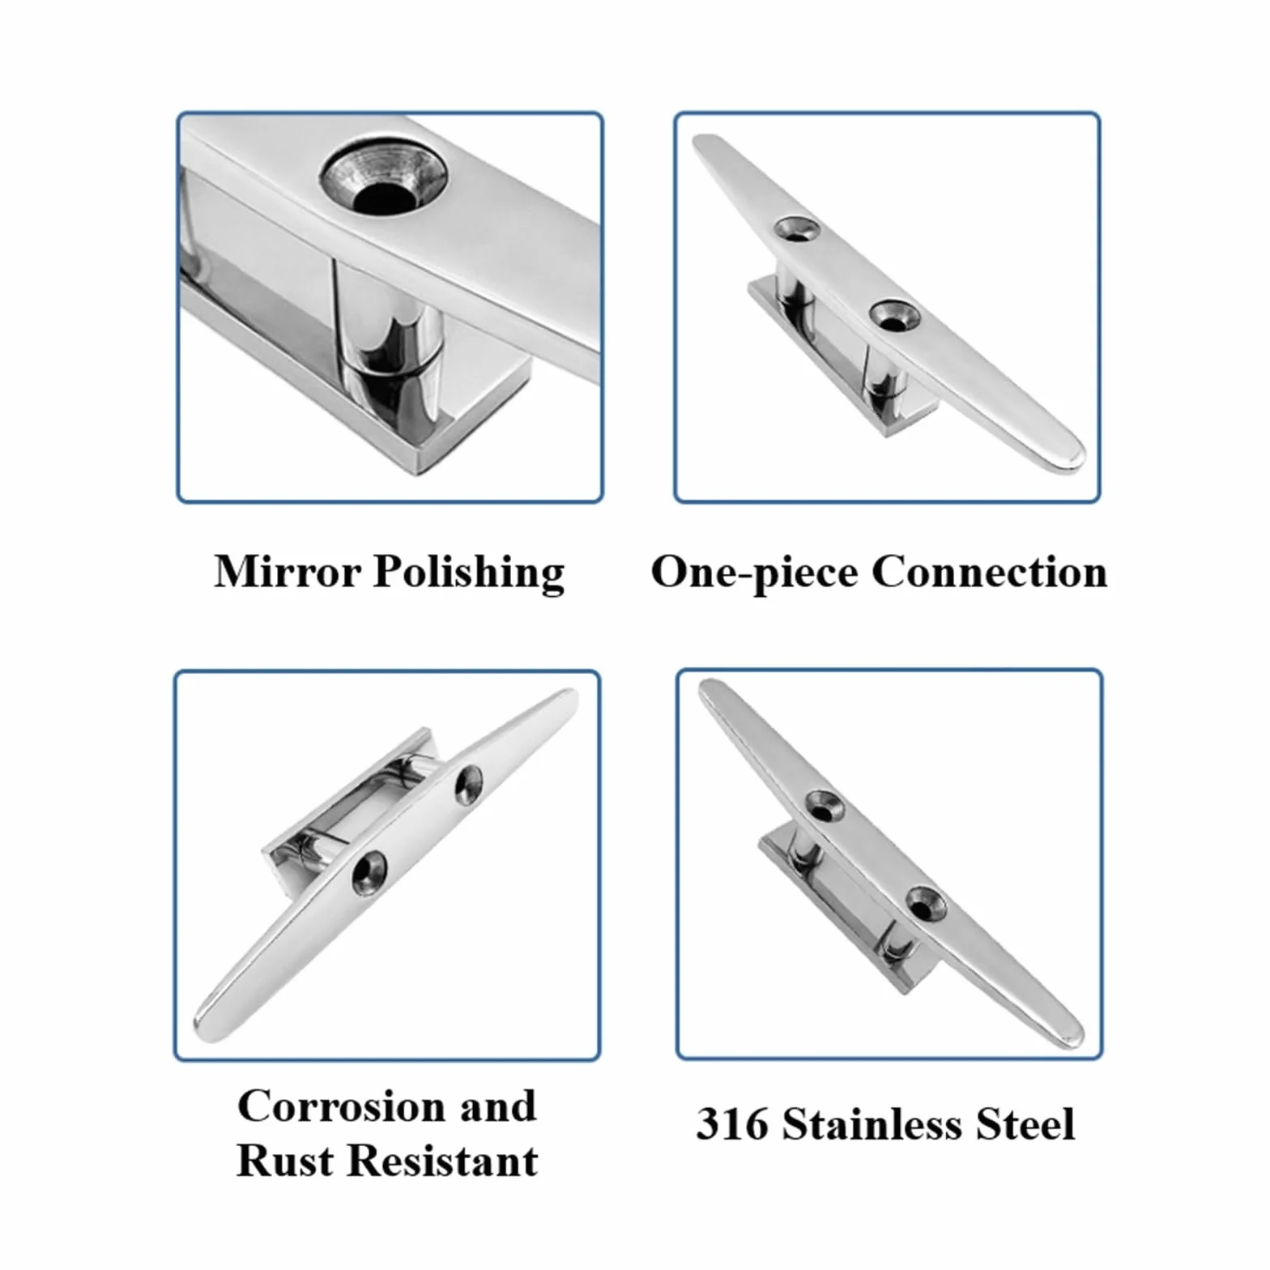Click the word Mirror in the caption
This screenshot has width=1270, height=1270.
click(x=288, y=571)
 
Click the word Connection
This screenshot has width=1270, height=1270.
click(x=989, y=572)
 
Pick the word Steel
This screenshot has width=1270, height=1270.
click(x=1025, y=1124)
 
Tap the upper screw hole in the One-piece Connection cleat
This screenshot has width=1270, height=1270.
click(x=795, y=228)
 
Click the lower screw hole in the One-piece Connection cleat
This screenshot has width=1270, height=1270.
click(x=894, y=316)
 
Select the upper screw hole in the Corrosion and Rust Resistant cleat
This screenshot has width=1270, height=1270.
click(x=469, y=783)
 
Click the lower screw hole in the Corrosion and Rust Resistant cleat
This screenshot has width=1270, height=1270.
click(x=369, y=873)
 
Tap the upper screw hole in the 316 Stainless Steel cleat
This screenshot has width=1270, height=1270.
click(x=825, y=805)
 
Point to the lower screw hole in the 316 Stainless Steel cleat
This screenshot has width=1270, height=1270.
click(x=925, y=903)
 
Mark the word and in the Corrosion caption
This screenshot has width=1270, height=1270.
click(x=497, y=1106)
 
